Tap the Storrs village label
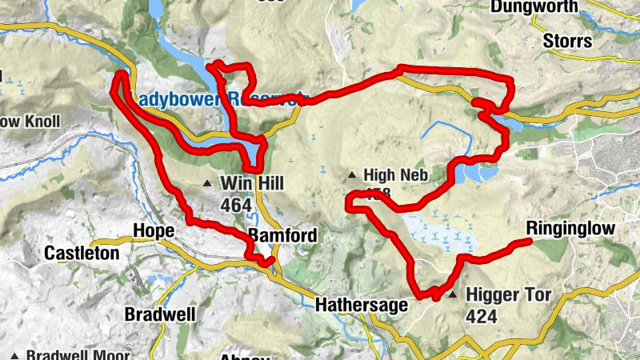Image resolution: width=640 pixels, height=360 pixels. click(x=567, y=41)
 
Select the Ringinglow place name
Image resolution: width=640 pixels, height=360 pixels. click(x=571, y=229)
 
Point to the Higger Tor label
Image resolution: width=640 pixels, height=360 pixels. click(x=510, y=295)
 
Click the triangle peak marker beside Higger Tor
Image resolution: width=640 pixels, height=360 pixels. click(x=454, y=295)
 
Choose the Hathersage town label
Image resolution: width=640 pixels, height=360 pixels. click(x=362, y=305)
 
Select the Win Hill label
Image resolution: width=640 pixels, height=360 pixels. click(x=252, y=184)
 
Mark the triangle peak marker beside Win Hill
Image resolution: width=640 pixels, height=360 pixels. click(x=209, y=184)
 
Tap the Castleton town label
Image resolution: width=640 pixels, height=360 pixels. click(x=82, y=254)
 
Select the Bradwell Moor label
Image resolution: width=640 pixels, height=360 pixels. click(x=69, y=354)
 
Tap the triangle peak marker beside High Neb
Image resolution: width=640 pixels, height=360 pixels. click(x=352, y=174)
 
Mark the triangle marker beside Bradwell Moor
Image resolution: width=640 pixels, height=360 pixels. click(x=14, y=354)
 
